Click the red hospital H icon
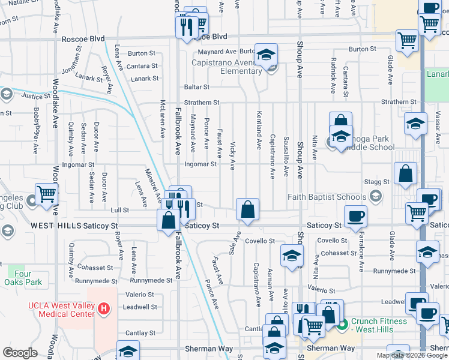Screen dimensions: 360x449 (x=104, y=309)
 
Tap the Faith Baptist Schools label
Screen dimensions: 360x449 (x=327, y=197)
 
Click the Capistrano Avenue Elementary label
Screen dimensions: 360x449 (x=227, y=67)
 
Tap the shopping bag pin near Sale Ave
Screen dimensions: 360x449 (x=247, y=209)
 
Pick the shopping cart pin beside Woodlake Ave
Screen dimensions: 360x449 (x=47, y=194)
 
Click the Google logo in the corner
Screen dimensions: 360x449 (x=20, y=353)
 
